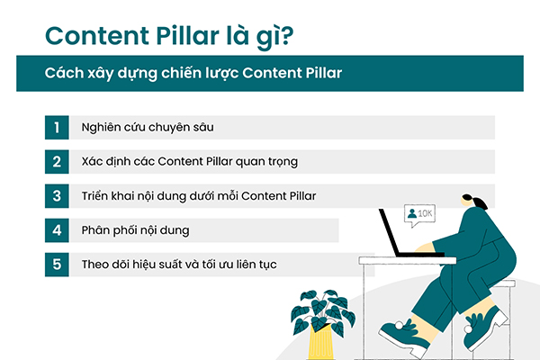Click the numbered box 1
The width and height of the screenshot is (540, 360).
pyautogui.click(x=56, y=128)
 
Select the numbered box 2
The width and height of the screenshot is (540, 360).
pyautogui.click(x=56, y=162)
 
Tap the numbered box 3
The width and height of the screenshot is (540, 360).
pyautogui.click(x=56, y=196)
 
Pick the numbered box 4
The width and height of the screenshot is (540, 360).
pyautogui.click(x=56, y=230)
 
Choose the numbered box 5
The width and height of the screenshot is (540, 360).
pyautogui.click(x=56, y=265)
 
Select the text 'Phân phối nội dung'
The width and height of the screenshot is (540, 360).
pyautogui.click(x=134, y=230)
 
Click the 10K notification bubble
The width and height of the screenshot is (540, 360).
pyautogui.click(x=420, y=214)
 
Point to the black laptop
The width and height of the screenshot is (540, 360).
pyautogui.click(x=400, y=236)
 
